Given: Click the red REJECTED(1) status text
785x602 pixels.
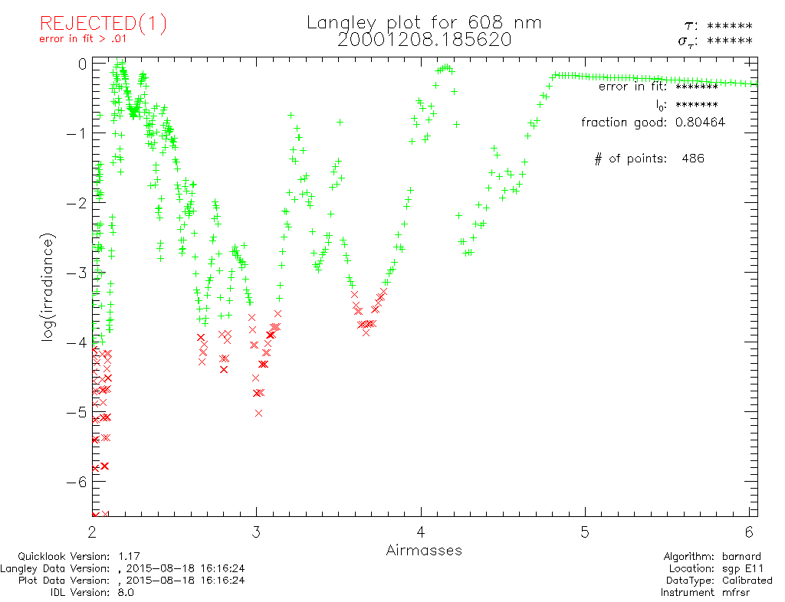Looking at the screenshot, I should (x=103, y=24).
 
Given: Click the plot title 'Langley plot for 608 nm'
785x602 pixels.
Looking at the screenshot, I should (x=424, y=23).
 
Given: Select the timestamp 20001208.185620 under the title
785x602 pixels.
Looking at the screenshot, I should (x=424, y=40).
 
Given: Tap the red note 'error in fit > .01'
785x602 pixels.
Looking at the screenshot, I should (x=83, y=39).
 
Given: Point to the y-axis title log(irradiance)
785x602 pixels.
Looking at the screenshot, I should (x=48, y=289).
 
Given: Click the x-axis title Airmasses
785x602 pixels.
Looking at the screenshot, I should (x=424, y=550).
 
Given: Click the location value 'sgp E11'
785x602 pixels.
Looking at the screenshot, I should (x=751, y=568).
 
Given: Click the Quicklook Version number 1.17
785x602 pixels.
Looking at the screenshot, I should (x=130, y=557).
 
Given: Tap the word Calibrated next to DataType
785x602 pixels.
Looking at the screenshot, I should (x=746, y=581).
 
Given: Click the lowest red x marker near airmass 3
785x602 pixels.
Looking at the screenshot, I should (x=258, y=413).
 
